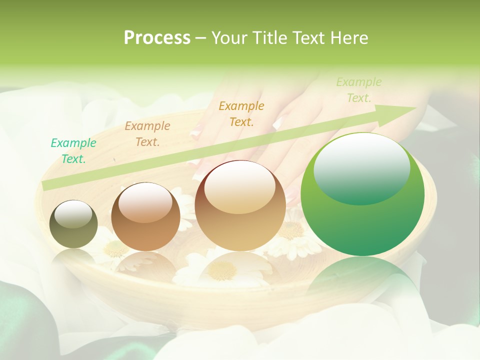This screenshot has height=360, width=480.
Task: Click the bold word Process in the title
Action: (x=157, y=37)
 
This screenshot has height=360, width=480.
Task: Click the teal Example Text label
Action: (x=73, y=150)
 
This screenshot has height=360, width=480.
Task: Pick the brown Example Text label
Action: (x=147, y=133)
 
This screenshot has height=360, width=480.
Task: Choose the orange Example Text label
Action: (x=241, y=113)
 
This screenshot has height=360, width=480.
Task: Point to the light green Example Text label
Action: (x=358, y=89)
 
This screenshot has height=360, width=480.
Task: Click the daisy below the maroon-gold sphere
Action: (x=222, y=270)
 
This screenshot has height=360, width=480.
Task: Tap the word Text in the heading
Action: (x=305, y=37)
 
